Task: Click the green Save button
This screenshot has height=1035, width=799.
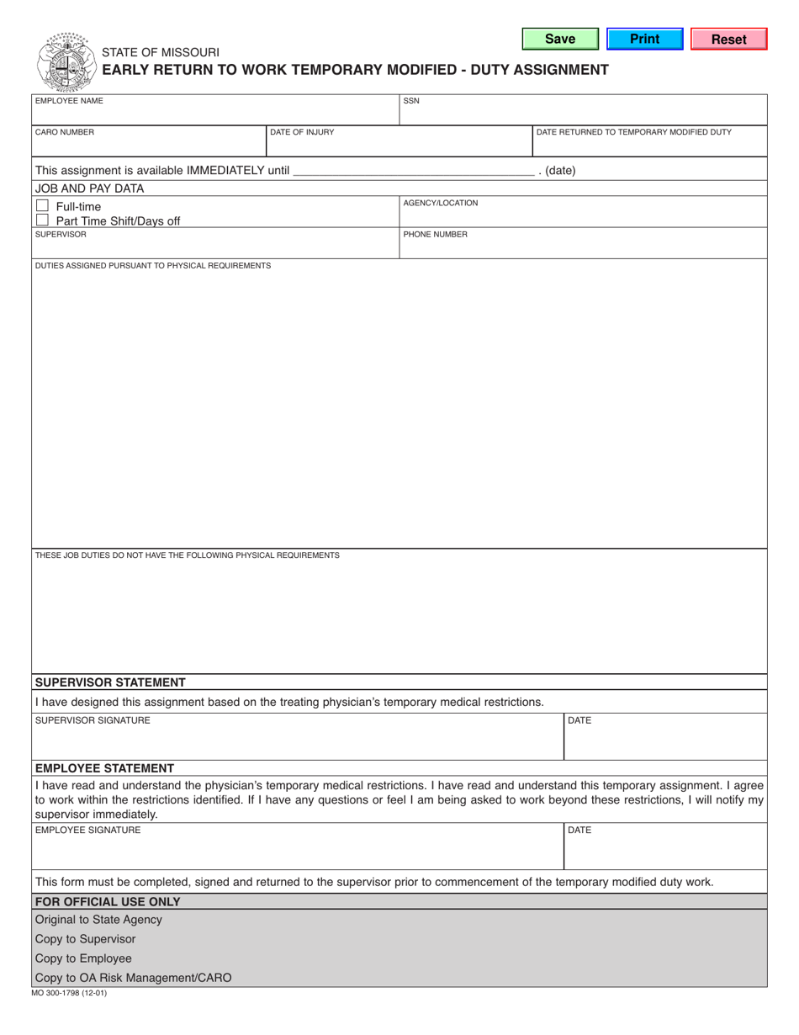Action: (x=560, y=39)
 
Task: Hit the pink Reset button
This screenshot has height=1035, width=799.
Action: (x=728, y=39)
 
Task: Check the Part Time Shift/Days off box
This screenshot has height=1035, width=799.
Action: (x=43, y=220)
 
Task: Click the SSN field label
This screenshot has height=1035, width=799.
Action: (x=411, y=101)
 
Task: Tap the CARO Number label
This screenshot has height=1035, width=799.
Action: (x=65, y=132)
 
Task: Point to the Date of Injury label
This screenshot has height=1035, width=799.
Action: (x=302, y=132)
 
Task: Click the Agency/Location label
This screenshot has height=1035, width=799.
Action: (x=441, y=203)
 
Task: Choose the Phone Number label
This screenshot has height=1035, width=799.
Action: (x=435, y=235)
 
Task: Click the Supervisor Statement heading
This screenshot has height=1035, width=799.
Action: (x=109, y=682)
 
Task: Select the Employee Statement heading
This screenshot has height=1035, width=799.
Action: (x=104, y=767)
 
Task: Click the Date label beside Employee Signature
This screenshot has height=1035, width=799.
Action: (x=580, y=831)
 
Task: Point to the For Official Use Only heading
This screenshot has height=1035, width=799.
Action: (x=107, y=901)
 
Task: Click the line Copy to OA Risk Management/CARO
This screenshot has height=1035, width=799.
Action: (x=133, y=978)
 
